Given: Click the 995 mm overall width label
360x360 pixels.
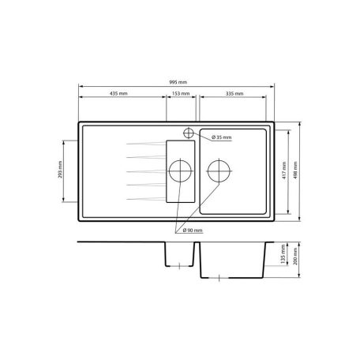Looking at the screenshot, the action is tap(178, 82).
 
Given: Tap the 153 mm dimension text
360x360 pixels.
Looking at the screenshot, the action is tap(181, 93).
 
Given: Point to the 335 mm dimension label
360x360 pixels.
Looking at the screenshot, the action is tap(234, 93).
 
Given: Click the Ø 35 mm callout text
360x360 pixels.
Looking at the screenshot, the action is tap(222, 137).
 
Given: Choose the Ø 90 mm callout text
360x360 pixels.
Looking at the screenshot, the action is tap(193, 231).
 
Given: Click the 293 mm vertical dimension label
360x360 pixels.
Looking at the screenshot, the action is tap(60, 170).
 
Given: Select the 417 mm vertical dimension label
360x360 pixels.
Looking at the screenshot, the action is tap(284, 171).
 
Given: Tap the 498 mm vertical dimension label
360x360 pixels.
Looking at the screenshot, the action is tap(295, 171).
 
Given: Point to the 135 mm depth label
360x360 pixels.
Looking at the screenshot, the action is tap(283, 254).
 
